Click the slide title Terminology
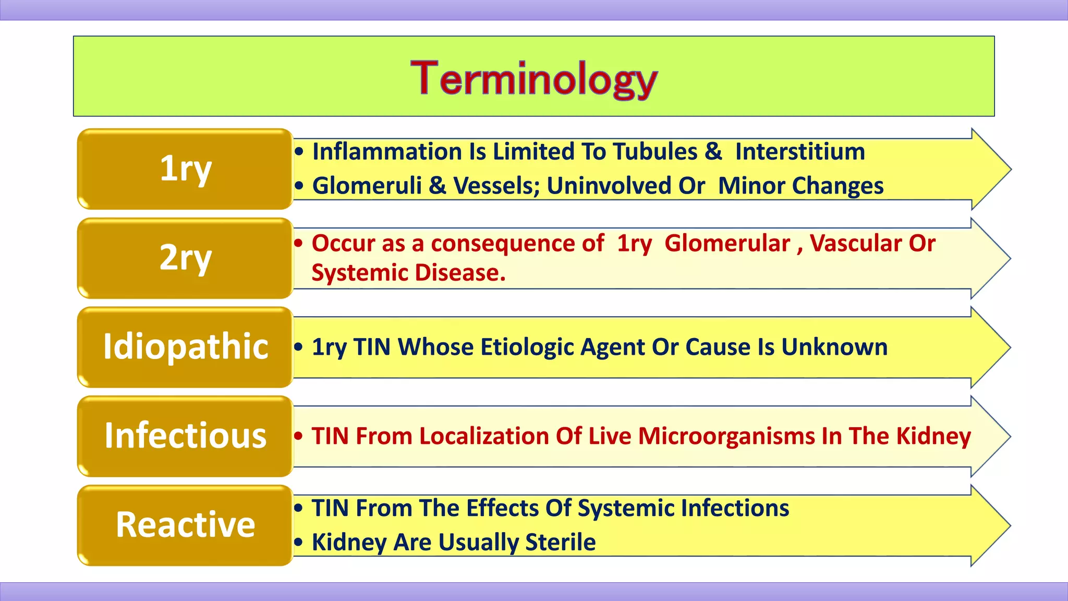pos(533,79)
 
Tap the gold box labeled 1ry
pos(185,169)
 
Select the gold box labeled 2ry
pos(185,258)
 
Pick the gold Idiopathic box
pos(185,347)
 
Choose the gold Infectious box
pos(185,436)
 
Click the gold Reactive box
pos(185,525)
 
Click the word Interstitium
pos(800,152)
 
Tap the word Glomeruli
pos(367,186)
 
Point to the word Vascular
pos(856,244)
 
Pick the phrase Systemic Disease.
pos(408,273)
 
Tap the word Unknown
pos(834,347)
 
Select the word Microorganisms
pos(726,436)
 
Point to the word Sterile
pos(560,543)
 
